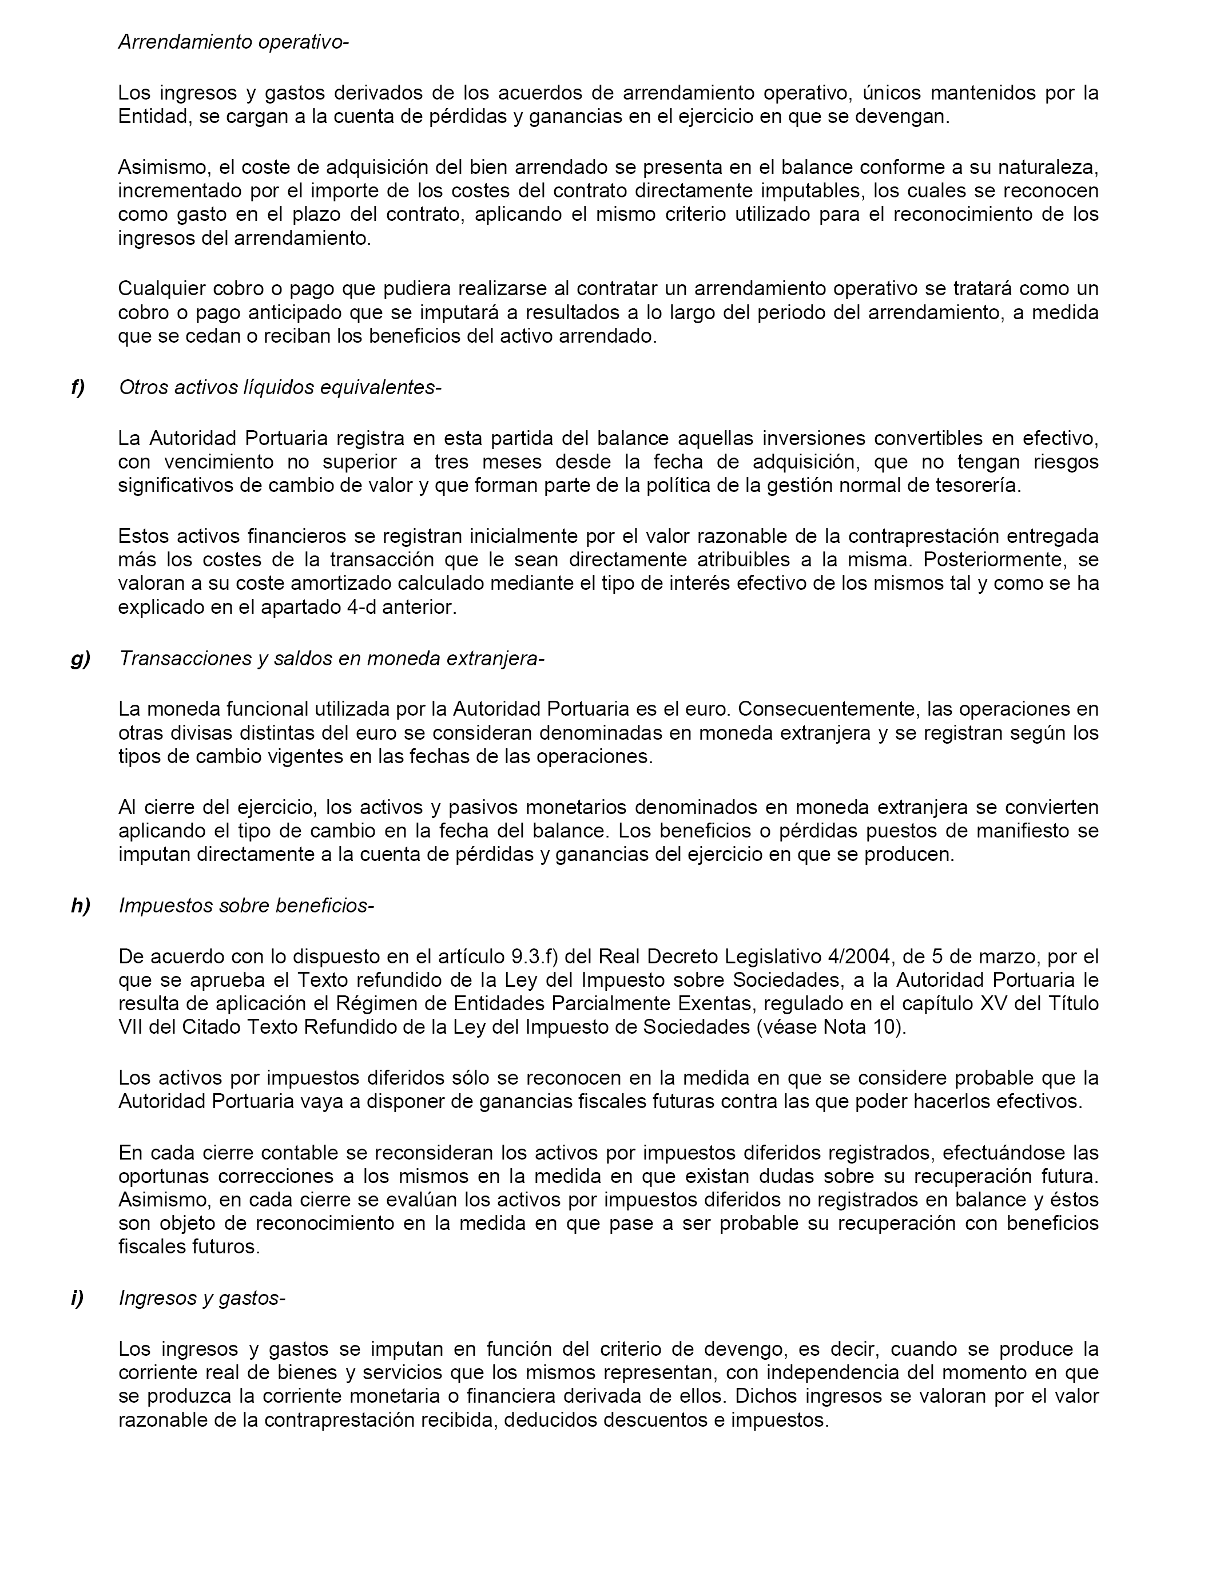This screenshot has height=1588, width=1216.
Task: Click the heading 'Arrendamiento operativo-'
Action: (x=233, y=42)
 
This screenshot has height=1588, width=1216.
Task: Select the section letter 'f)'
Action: (x=77, y=387)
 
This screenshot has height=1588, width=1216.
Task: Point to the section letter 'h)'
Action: (x=80, y=906)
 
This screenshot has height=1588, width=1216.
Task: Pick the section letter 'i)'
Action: (x=77, y=1298)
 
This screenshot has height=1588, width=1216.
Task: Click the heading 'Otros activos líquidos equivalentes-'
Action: (x=279, y=387)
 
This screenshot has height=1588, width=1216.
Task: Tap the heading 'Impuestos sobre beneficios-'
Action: (x=246, y=906)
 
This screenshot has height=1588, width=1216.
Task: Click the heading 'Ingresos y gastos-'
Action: (x=202, y=1298)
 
